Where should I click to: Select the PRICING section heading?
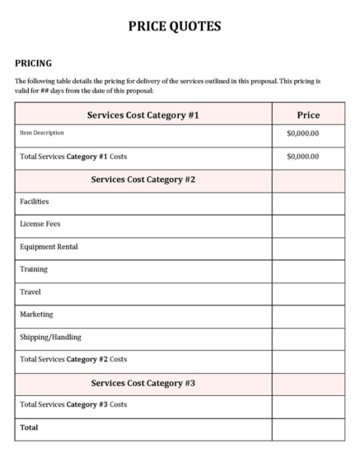coord(34,63)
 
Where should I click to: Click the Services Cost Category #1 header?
coord(144,114)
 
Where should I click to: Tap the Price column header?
coord(307,114)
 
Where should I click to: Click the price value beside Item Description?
coord(302,133)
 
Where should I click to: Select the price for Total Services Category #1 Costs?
coord(302,156)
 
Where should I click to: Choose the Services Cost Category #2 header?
coord(144,179)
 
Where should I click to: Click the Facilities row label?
coord(35,201)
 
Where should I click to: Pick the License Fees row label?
coord(40,224)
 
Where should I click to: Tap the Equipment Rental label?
coord(49,246)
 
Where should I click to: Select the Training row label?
coord(34,269)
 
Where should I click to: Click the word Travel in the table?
coord(31,291)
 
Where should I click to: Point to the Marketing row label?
coord(36,315)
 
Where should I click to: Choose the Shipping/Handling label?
coord(51,337)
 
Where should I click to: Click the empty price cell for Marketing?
coord(307,315)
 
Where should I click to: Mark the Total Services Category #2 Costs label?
coord(72,360)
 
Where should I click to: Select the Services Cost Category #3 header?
coord(144,383)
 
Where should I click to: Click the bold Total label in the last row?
coord(29,428)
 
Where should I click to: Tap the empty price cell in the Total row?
coord(307,428)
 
